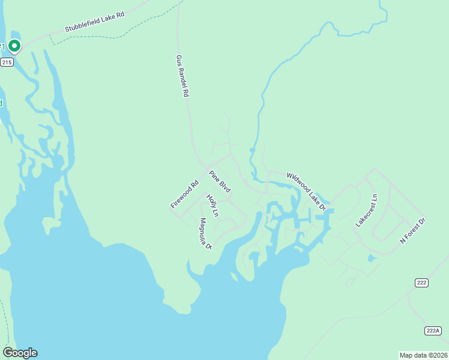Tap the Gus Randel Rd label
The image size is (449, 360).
click(182, 77)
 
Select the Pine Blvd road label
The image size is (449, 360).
click(220, 182)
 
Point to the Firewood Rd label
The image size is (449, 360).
click(184, 195)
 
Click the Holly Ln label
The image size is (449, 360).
click(212, 205)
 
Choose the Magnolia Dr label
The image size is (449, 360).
click(206, 233)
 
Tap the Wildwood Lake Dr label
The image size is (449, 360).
click(306, 191)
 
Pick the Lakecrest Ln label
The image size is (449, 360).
click(367, 210)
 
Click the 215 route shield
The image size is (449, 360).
click(7, 62)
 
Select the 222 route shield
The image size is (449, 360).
click(421, 282)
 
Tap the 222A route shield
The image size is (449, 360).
click(433, 331)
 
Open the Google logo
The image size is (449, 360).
click(20, 353)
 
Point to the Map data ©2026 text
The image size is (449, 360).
click(423, 355)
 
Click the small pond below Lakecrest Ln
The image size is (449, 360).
click(372, 259)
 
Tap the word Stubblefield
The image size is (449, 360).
click(82, 26)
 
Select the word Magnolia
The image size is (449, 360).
click(204, 230)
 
